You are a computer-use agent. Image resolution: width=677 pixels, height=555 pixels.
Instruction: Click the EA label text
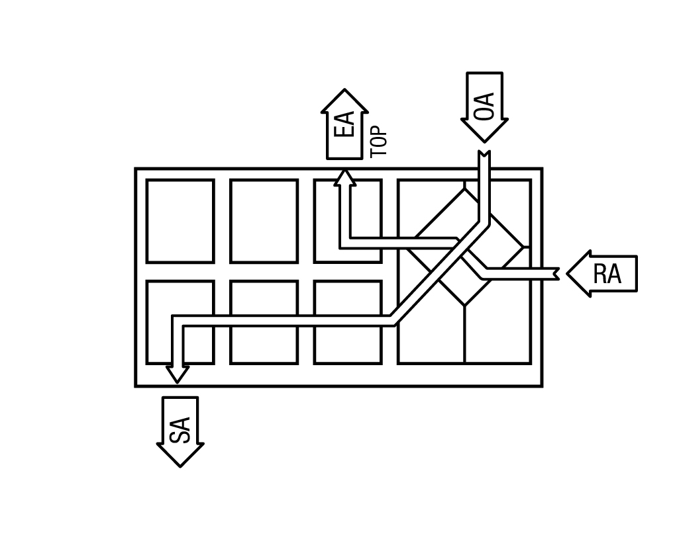(344, 124)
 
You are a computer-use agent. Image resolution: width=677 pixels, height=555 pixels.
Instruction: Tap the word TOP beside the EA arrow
(379, 142)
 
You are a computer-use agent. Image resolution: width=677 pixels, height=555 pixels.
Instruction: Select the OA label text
(484, 106)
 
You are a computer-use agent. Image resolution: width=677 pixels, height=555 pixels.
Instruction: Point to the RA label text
(607, 274)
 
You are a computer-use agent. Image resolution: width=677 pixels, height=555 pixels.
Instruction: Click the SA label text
(180, 430)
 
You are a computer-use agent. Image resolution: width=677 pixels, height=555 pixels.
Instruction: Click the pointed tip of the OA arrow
(484, 142)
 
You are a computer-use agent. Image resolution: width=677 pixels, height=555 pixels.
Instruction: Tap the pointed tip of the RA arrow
(567, 273)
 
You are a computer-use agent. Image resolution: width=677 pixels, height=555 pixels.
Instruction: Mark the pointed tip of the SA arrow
(180, 466)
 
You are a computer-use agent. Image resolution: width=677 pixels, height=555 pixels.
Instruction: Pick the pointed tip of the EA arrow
(344, 89)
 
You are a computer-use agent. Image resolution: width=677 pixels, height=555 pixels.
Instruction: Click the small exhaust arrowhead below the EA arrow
(344, 177)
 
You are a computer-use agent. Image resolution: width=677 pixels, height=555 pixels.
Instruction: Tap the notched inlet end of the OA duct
(484, 153)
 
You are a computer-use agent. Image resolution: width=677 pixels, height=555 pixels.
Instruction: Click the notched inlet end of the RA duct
(557, 274)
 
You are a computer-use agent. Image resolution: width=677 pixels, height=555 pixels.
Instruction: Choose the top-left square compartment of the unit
(180, 221)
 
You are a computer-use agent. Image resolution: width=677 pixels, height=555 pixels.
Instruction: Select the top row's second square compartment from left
(264, 221)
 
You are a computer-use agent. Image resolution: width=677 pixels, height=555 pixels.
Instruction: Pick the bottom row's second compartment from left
(264, 323)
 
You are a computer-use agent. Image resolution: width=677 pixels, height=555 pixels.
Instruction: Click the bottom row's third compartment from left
(348, 323)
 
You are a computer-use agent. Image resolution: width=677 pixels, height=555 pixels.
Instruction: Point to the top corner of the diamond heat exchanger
(464, 189)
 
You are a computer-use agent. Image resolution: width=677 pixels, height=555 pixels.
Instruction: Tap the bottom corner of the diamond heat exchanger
(464, 306)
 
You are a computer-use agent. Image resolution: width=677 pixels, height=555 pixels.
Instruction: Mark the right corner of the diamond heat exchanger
(523, 247)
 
